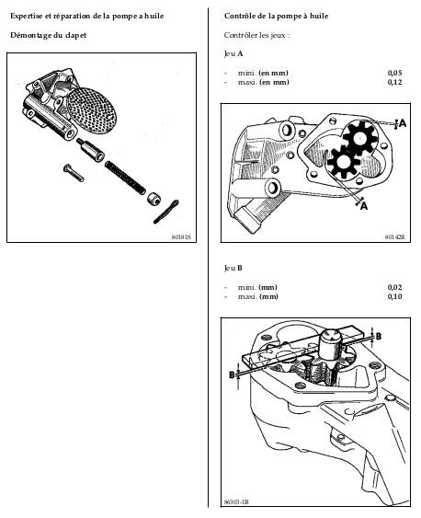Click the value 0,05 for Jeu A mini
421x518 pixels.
click(x=394, y=73)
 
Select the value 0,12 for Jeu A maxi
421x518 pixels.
click(x=394, y=82)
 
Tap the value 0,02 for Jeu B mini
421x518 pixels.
click(x=394, y=287)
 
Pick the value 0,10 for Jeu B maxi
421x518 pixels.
click(x=394, y=296)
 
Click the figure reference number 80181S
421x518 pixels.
click(x=181, y=237)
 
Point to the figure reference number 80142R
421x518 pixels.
click(x=395, y=237)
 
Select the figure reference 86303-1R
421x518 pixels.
click(x=236, y=502)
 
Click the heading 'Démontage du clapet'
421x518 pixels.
click(x=48, y=35)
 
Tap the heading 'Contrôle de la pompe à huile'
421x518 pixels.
click(x=276, y=16)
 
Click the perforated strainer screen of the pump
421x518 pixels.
click(x=93, y=110)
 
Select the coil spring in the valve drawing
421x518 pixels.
click(x=125, y=178)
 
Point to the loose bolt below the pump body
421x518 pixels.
click(x=74, y=173)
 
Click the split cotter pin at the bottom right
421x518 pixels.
click(x=166, y=212)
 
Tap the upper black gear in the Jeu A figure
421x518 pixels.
click(x=358, y=138)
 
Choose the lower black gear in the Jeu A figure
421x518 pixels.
click(x=343, y=163)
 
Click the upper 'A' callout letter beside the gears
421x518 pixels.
click(x=403, y=123)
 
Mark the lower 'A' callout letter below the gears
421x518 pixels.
click(x=364, y=206)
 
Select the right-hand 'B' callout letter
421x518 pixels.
click(x=379, y=337)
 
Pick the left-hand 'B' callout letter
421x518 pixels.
click(x=232, y=375)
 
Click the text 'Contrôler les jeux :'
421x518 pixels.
click(x=257, y=35)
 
